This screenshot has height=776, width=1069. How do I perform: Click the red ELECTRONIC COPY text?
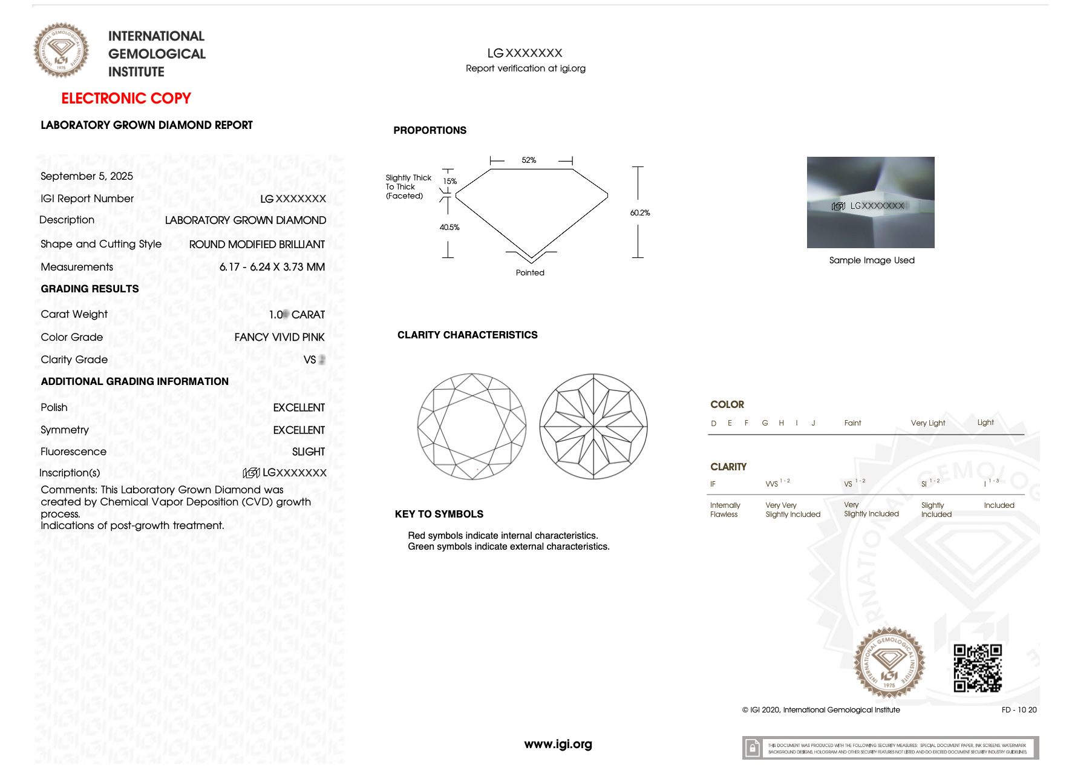pos(126,98)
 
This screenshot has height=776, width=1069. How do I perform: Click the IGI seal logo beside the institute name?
pos(61,50)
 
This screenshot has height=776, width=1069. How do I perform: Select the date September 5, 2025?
pos(87,176)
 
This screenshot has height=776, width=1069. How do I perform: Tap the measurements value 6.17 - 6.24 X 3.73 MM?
pos(272,267)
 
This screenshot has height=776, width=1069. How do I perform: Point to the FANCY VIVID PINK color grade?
pos(280,337)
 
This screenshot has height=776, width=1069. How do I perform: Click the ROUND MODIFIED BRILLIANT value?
pos(257,245)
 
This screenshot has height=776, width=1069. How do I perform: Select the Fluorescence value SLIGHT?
pos(308,452)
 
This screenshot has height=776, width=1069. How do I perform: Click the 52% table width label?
pos(529,160)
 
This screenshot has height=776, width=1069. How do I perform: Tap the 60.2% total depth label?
pos(639,213)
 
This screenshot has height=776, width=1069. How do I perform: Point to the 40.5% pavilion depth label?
pos(450,228)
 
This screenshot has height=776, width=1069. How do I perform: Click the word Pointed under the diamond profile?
pos(530,273)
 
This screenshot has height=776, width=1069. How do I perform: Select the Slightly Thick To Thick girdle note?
pos(408,186)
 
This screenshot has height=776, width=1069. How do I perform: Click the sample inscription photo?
pos(870,202)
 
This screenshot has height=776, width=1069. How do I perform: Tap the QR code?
pos(977,668)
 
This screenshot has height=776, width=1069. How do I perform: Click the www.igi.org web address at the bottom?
pos(558,744)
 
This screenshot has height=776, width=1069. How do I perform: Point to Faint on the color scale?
pos(852,423)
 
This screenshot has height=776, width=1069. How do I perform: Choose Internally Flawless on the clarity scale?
pos(724,510)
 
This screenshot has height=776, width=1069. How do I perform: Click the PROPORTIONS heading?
pos(430,131)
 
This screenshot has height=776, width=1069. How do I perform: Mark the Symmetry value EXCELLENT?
pos(299,430)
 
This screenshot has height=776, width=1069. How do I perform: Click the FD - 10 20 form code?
pos(1019,710)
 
